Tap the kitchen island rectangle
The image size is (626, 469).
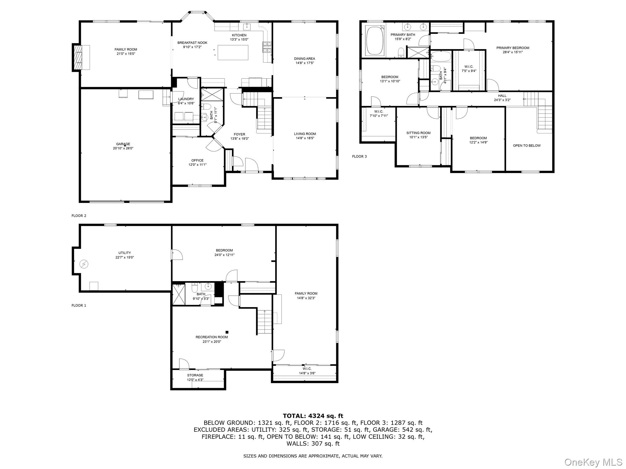pyautogui.click(x=233, y=53)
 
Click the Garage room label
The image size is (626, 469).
pyautogui.click(x=123, y=144)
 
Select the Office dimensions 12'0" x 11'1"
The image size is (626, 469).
pyautogui.click(x=197, y=165)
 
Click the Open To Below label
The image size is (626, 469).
pyautogui.click(x=527, y=146)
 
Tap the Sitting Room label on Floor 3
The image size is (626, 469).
pyautogui.click(x=418, y=133)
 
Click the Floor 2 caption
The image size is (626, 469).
pyautogui.click(x=79, y=216)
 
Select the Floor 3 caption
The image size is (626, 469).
pyautogui.click(x=359, y=156)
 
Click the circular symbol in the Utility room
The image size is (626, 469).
pyautogui.click(x=84, y=264)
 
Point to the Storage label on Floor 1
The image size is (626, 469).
pyautogui.click(x=195, y=375)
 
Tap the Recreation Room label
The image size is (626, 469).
pyautogui.click(x=212, y=337)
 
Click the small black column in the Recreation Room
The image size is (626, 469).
pyautogui.click(x=227, y=332)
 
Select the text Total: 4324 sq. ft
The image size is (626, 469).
pyautogui.click(x=313, y=416)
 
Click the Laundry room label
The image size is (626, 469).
pyautogui.click(x=186, y=99)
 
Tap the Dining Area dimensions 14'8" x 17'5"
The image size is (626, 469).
pyautogui.click(x=304, y=63)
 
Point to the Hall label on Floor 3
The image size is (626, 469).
pyautogui.click(x=502, y=96)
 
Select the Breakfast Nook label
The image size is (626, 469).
pyautogui.click(x=192, y=43)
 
